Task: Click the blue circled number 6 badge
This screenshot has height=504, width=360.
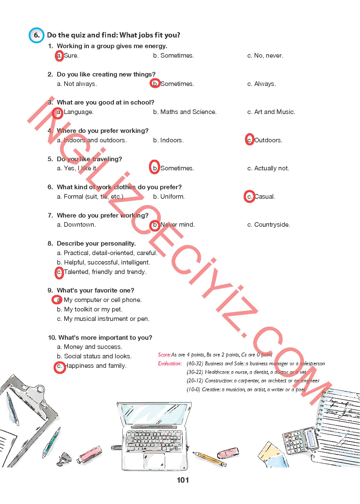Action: coord(36,35)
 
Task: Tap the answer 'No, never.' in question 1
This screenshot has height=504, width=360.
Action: coord(265,55)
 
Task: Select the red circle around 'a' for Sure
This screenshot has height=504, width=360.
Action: coord(59,55)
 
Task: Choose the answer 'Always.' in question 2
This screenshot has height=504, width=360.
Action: coord(262,84)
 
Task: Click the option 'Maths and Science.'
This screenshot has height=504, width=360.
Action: coord(185,112)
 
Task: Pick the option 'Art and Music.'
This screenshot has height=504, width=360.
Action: coord(271,112)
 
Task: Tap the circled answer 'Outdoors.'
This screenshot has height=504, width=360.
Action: coord(264,140)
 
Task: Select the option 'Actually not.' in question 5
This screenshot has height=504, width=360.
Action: coord(268,168)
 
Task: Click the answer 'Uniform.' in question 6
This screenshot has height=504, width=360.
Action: coord(169,197)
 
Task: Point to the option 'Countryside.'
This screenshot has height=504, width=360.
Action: coord(269,225)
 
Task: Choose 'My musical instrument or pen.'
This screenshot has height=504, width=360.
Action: coord(104,319)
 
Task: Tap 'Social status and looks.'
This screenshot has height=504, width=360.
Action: coord(94,356)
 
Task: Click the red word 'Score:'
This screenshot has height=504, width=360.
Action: coord(164,355)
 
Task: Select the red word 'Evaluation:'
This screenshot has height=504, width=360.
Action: coord(170,364)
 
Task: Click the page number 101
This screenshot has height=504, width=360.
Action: coord(183,480)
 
